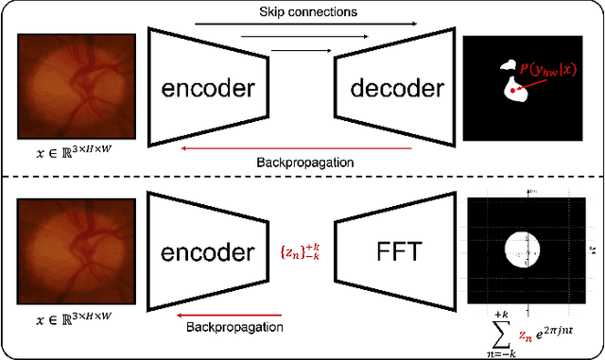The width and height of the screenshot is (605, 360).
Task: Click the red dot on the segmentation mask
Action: coord(512,91)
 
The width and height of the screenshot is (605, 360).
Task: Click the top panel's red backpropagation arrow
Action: coord(302,146)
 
